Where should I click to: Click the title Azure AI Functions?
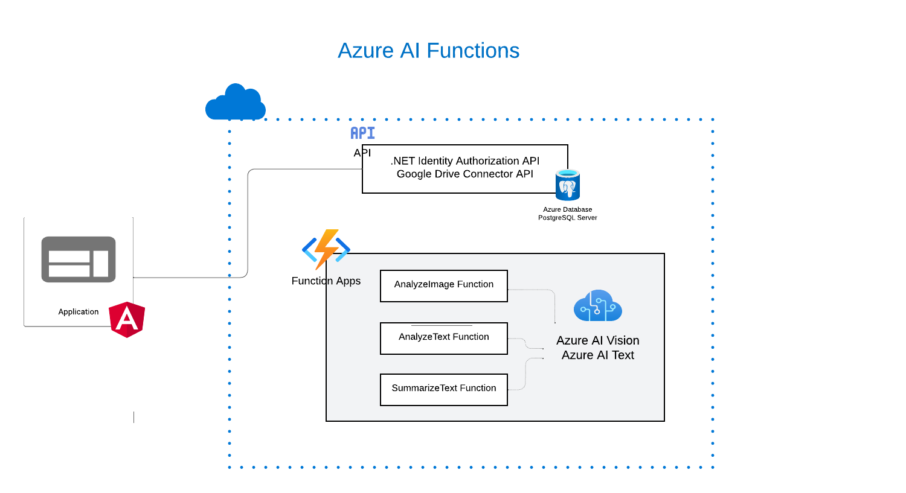(x=428, y=51)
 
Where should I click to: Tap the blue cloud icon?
(x=236, y=103)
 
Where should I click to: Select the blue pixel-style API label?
(x=362, y=133)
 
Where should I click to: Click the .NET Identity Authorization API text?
(x=465, y=161)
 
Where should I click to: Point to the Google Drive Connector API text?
(x=465, y=174)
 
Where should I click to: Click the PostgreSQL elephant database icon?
(x=568, y=186)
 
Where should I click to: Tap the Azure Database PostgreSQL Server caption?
(x=568, y=214)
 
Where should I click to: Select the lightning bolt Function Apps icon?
(x=326, y=249)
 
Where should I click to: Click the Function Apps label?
(x=326, y=281)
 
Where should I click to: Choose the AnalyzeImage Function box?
(x=444, y=286)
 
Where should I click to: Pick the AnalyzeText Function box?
(x=444, y=339)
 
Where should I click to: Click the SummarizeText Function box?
(x=444, y=390)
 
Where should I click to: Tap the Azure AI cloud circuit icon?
(x=597, y=306)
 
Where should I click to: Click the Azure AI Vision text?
(x=597, y=340)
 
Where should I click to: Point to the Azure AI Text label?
(x=597, y=355)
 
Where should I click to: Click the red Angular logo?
(x=127, y=319)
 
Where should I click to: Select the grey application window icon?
(x=79, y=259)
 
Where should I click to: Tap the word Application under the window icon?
(x=79, y=312)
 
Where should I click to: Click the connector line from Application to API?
(x=248, y=223)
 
